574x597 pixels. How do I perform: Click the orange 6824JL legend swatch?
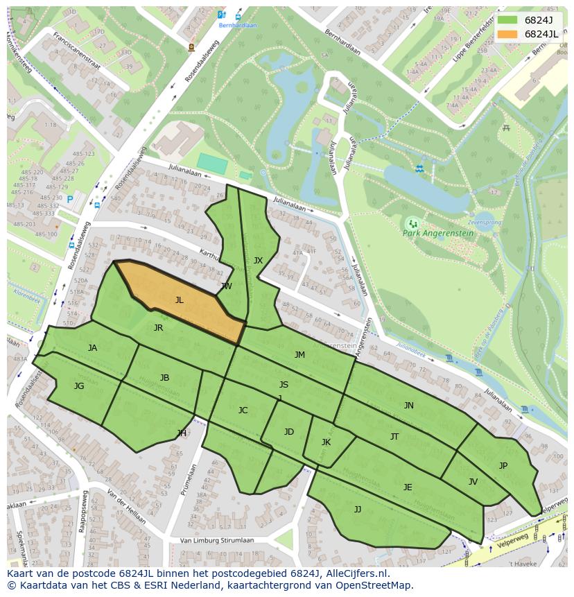point(507,34)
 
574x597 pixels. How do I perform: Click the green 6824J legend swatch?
point(507,20)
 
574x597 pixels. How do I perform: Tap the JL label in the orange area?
point(179,300)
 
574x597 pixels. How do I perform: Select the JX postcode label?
point(258,261)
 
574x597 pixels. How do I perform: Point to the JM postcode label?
point(299,354)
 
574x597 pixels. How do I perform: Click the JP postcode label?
point(503,465)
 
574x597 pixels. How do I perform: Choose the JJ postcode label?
point(357,509)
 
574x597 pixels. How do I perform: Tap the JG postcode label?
point(79,386)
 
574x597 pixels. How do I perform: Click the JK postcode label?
point(326,442)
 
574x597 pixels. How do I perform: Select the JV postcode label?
point(473,481)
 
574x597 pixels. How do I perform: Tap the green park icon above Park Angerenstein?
point(413,223)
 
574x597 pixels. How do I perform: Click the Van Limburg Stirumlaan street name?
point(217,540)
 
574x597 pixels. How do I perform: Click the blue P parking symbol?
point(70,200)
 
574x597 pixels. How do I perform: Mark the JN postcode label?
point(408,405)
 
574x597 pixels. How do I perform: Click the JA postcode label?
point(92,347)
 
